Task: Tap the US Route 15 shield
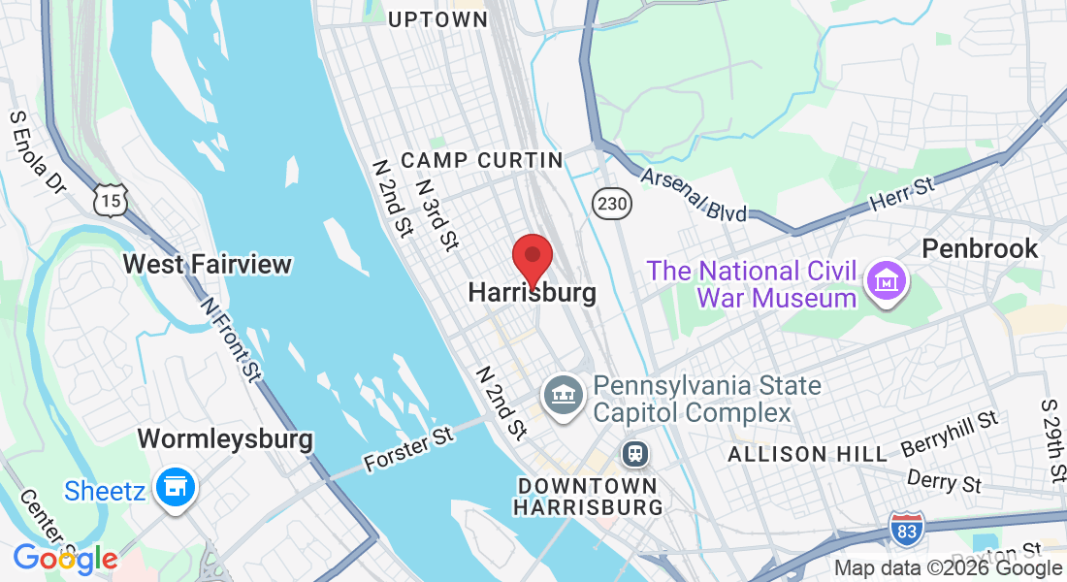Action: [x=110, y=201]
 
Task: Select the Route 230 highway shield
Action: [x=612, y=204]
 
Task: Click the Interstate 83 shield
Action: [x=906, y=528]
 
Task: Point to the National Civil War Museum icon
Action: [x=886, y=281]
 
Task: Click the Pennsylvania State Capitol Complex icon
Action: [x=563, y=395]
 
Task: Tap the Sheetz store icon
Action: [x=178, y=489]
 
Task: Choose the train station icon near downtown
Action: [x=635, y=453]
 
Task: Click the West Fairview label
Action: [x=208, y=264]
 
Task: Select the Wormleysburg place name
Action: [x=225, y=438]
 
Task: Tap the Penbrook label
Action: [x=980, y=248]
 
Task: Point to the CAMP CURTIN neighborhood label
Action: [x=481, y=160]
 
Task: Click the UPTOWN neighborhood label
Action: [x=437, y=19]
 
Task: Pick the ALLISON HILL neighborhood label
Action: [x=807, y=454]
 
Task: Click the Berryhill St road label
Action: [x=950, y=433]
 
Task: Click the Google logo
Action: [x=65, y=559]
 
